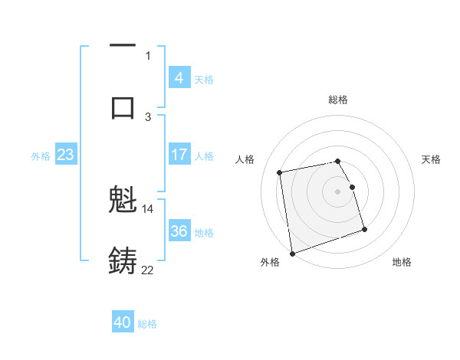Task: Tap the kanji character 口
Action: pyautogui.click(x=123, y=107)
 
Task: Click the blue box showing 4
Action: pyautogui.click(x=179, y=77)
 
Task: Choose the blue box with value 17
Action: pyautogui.click(x=179, y=155)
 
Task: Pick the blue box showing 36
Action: pyautogui.click(x=179, y=231)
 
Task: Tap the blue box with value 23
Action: pyautogui.click(x=66, y=155)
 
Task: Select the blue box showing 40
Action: pyautogui.click(x=123, y=322)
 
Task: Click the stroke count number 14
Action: pyautogui.click(x=148, y=208)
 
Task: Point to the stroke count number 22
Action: pyautogui.click(x=148, y=270)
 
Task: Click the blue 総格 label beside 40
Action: pyautogui.click(x=147, y=324)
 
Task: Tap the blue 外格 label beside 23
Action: pyautogui.click(x=41, y=156)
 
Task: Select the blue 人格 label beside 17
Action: pyautogui.click(x=204, y=156)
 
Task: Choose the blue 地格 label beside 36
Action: pyautogui.click(x=204, y=233)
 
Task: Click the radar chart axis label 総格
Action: pyautogui.click(x=338, y=100)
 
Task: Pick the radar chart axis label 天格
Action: pyautogui.click(x=432, y=159)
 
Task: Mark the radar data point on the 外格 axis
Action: pyautogui.click(x=292, y=253)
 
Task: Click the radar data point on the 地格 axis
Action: pyautogui.click(x=364, y=229)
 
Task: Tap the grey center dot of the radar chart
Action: pyautogui.click(x=338, y=191)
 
